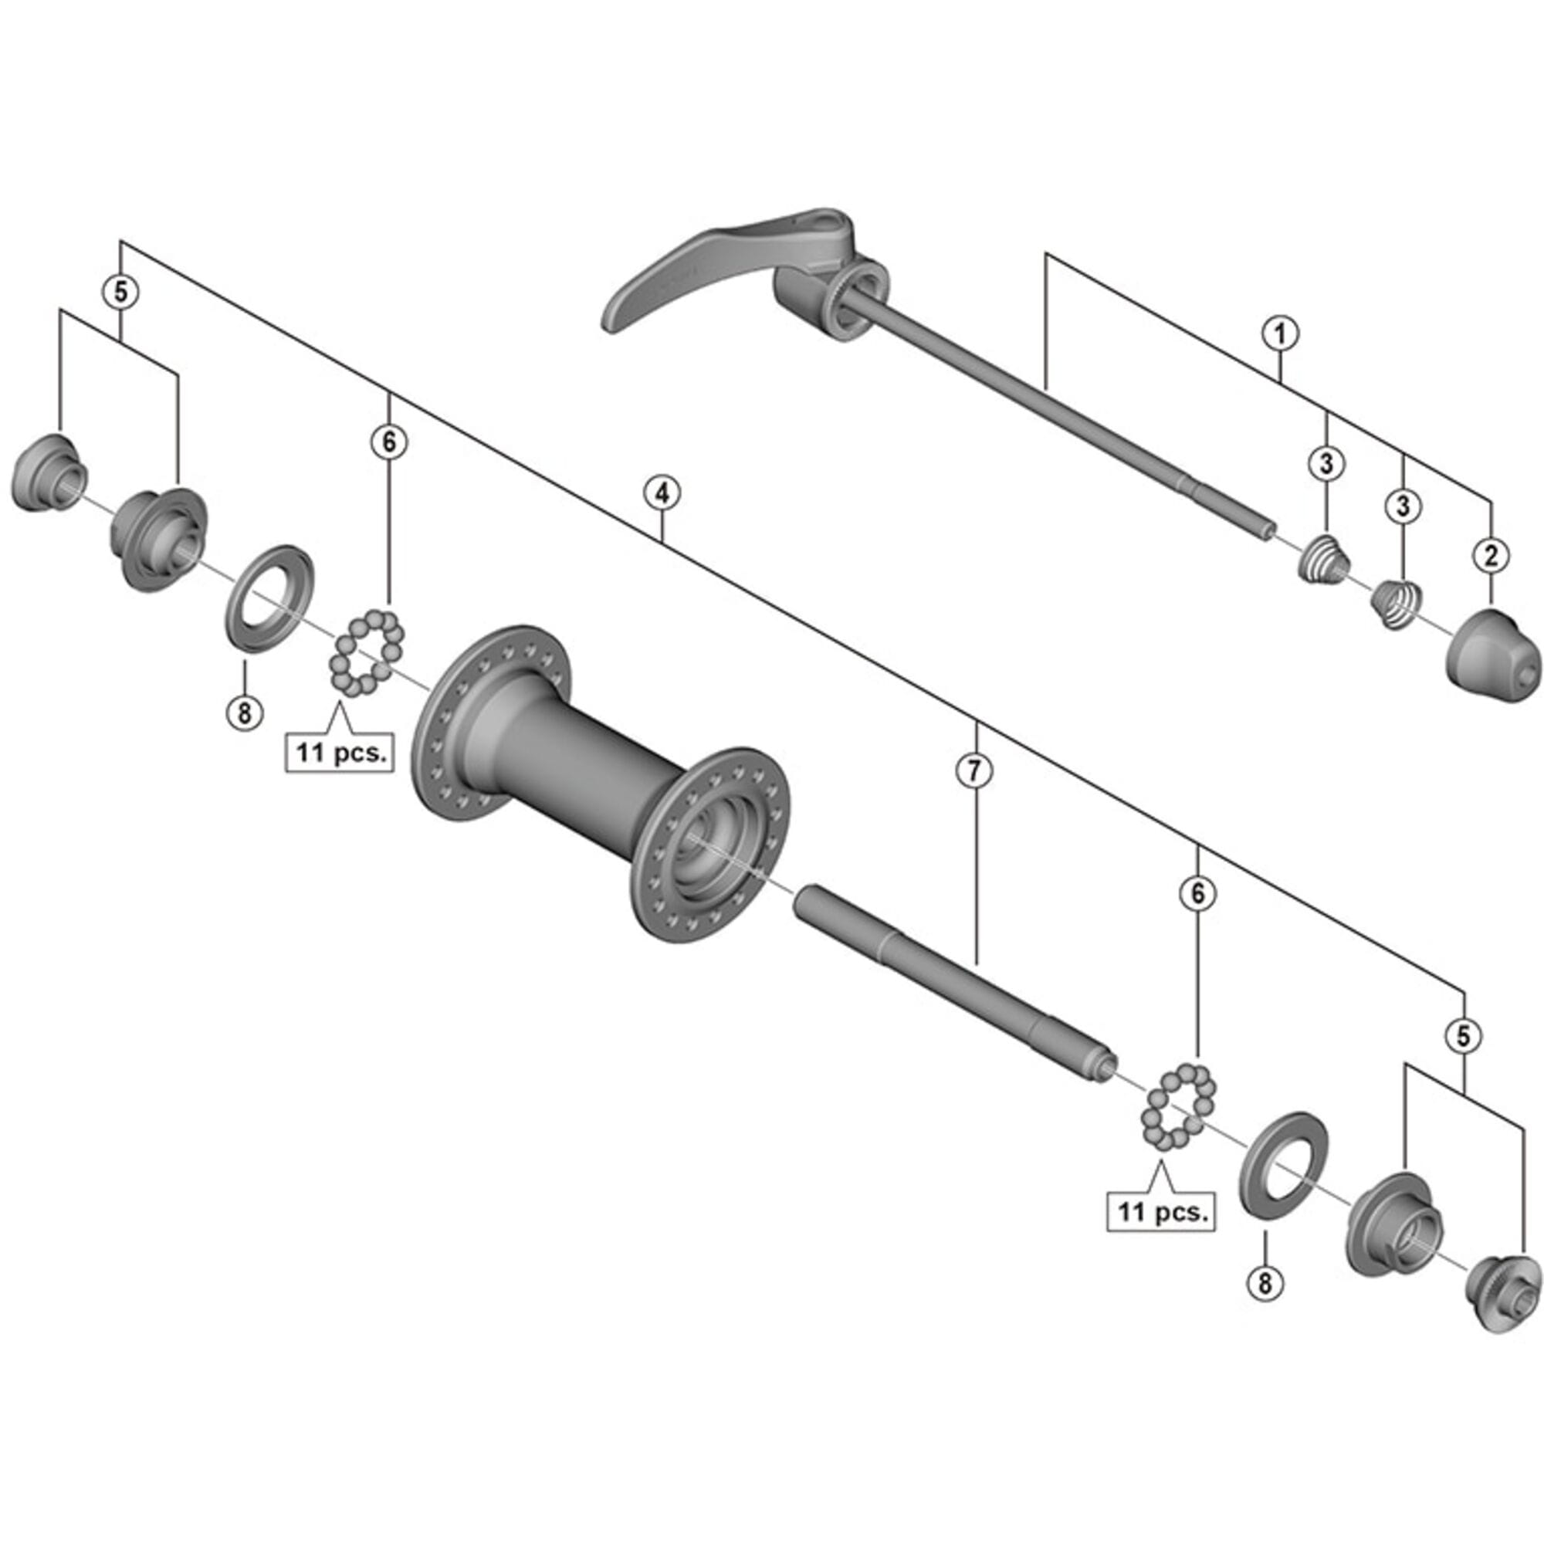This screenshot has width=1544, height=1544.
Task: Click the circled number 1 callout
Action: [1279, 334]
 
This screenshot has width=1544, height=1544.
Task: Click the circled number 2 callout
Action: [1491, 556]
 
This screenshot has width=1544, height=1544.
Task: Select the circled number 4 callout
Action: [663, 494]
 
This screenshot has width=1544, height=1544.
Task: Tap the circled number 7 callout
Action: [974, 770]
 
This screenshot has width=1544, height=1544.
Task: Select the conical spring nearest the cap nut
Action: [1396, 604]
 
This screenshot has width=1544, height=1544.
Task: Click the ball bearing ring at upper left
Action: [367, 652]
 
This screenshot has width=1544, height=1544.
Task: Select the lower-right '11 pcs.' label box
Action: [1161, 1212]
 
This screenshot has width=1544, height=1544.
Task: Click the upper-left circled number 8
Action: [244, 711]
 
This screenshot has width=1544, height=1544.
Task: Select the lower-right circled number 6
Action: [1197, 893]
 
